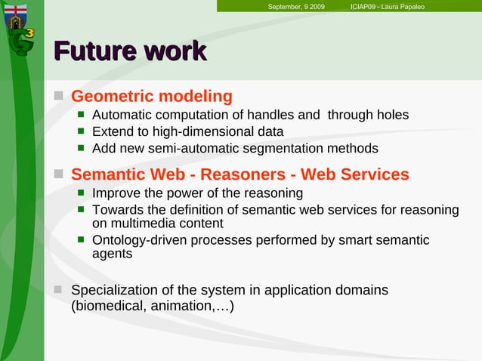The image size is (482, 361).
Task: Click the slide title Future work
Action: [x=130, y=51]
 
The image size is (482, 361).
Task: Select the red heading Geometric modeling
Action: [x=151, y=97]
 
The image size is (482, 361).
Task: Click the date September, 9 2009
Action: [x=296, y=7]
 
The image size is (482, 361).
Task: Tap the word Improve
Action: [x=115, y=193]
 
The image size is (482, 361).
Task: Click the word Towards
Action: [x=116, y=209]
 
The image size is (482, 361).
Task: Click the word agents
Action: [x=112, y=255]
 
